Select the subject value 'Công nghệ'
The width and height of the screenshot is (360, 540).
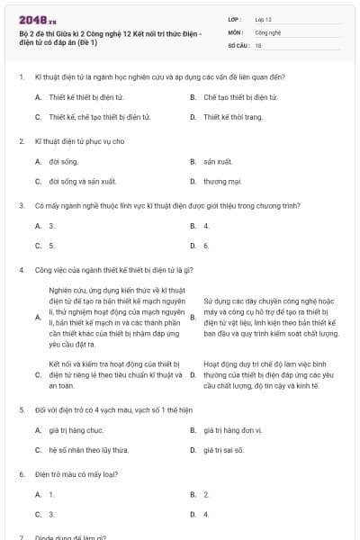[x=267, y=31]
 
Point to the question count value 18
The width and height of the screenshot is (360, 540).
[x=258, y=44]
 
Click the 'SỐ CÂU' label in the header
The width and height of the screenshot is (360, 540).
[x=237, y=44]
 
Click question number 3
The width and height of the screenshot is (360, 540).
[x=21, y=205]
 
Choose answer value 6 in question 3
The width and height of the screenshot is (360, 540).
[x=206, y=245]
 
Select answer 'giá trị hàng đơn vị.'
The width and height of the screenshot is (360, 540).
[x=232, y=430]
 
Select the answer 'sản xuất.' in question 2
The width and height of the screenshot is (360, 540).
[x=218, y=161]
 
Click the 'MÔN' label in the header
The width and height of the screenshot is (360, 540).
[x=235, y=31]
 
